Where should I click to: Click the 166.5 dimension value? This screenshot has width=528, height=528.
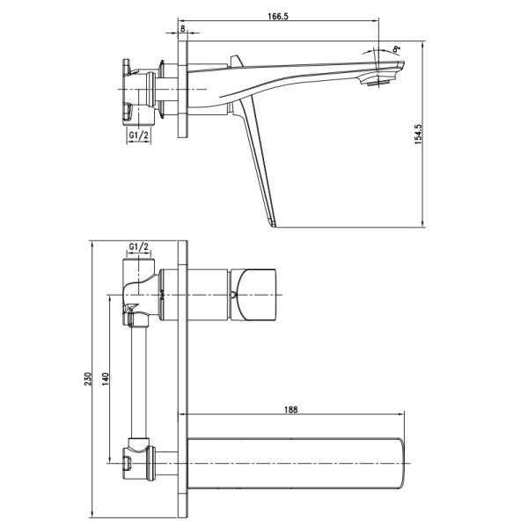point(278,16)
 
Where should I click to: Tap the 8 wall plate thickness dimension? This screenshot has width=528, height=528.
point(183,29)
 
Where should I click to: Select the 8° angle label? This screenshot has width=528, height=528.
point(397,48)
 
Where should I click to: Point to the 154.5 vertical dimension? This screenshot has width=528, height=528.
point(418,134)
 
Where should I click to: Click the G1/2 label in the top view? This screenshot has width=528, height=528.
point(139,135)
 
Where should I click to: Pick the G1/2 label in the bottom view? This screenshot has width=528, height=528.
point(139,246)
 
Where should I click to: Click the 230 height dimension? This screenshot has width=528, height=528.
point(88,378)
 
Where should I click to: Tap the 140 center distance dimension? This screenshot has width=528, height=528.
point(106,378)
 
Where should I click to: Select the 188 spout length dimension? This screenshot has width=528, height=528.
point(291,410)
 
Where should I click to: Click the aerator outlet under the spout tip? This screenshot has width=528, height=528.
point(378,83)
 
